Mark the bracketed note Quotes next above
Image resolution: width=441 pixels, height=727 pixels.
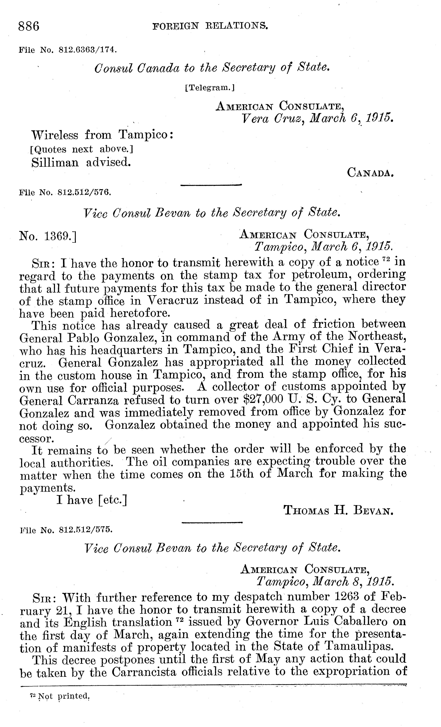point(82,150)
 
